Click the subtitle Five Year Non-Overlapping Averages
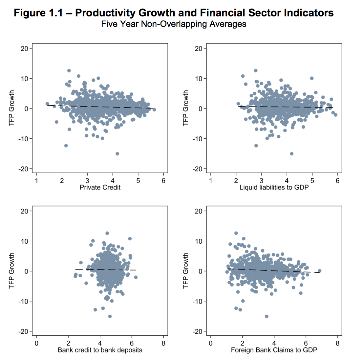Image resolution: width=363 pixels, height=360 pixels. coord(174,24)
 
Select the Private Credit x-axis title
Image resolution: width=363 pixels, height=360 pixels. coord(100,187)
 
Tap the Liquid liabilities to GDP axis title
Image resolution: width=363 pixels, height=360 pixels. coord(274,187)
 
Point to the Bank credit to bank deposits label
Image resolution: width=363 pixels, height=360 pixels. coord(100,350)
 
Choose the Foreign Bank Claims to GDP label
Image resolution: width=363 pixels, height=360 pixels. coord(274,350)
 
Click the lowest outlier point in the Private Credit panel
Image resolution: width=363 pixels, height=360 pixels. coord(117,154)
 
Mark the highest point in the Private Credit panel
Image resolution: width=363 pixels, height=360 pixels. coord(69,70)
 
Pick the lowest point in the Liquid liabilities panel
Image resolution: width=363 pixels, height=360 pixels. coord(291,154)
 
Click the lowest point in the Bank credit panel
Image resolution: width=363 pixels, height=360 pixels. coord(110,316)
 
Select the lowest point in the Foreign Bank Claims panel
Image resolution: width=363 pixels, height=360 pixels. coord(267,316)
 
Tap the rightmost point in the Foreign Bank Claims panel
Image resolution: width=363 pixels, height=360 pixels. coord(320,271)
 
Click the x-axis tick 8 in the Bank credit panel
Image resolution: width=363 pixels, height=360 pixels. coord(163,343)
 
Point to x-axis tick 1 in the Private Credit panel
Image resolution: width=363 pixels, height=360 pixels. coord(36,181)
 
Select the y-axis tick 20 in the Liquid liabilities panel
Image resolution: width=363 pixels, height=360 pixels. coord(198,49)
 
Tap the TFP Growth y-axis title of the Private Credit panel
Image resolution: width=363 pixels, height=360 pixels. coord(12,108)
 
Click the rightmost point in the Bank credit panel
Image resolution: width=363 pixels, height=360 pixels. coord(136,277)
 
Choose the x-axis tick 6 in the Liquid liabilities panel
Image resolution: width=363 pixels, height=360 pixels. coord(337,181)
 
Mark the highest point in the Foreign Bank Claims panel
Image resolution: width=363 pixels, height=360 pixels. coord(236,233)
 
